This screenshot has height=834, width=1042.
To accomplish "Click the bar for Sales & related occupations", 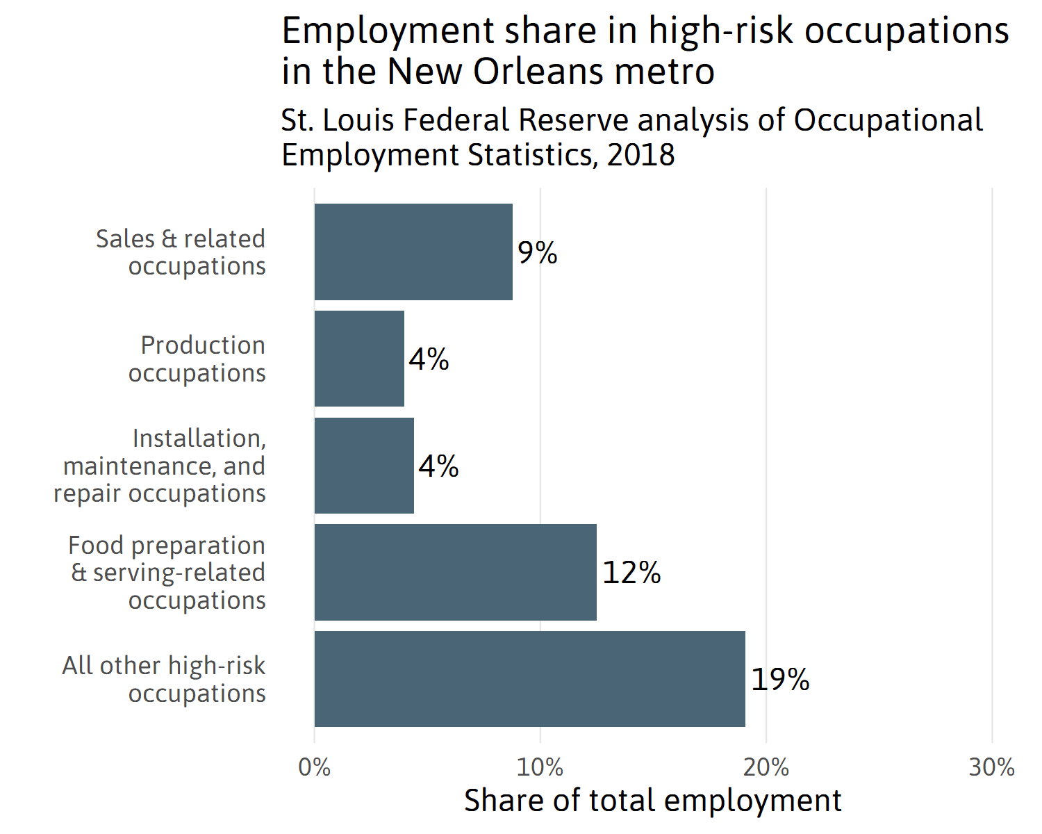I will (413, 252).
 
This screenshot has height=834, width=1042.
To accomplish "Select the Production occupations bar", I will (359, 359).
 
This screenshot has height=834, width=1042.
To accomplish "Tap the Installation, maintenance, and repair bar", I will (364, 466).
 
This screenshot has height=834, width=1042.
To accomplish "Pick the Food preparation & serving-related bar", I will (455, 572).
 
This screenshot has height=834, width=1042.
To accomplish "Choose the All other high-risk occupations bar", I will (529, 679).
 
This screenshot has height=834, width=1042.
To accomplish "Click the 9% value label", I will (538, 252).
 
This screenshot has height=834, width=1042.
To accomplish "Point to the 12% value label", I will (631, 573).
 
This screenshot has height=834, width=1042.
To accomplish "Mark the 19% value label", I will (780, 680).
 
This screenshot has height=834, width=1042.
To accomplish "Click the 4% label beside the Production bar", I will (429, 359).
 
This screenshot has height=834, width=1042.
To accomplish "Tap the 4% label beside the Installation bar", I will (438, 466).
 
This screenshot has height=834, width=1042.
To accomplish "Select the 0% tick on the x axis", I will (315, 767).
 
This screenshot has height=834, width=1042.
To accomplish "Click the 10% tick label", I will (540, 767).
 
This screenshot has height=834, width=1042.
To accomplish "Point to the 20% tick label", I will (766, 767).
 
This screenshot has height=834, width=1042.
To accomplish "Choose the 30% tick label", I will (992, 767).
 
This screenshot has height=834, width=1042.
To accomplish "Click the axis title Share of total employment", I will (652, 801).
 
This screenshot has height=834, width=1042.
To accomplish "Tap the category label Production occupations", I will (197, 359).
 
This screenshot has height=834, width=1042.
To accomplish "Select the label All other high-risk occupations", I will (165, 679).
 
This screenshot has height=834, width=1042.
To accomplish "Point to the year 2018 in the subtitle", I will (640, 154).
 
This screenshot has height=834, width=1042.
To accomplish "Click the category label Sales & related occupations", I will (181, 252).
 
